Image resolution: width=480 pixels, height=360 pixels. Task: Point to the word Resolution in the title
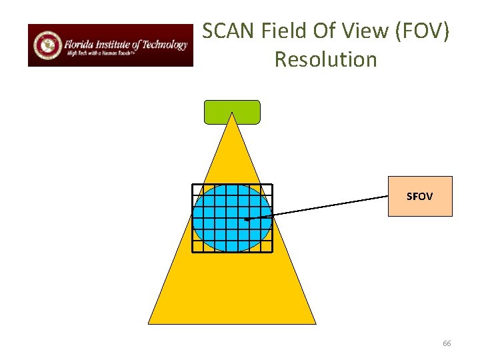[325, 59]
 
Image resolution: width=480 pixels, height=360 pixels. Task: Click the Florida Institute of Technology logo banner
[110, 45]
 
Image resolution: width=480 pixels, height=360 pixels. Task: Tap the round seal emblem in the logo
[47, 45]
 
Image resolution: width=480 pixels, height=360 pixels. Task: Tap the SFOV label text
[420, 197]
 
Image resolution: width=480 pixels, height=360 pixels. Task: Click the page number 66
[447, 343]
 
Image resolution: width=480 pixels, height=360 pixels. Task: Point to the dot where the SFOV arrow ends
[246, 219]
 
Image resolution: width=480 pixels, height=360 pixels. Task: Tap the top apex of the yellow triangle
[231, 113]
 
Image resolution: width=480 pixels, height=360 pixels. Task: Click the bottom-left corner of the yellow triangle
[149, 323]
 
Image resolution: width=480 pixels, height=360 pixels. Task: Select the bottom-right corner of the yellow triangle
[315, 323]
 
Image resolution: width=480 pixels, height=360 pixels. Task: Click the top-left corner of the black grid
[193, 184]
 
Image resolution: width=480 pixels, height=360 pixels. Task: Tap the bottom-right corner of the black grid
[272, 252]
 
